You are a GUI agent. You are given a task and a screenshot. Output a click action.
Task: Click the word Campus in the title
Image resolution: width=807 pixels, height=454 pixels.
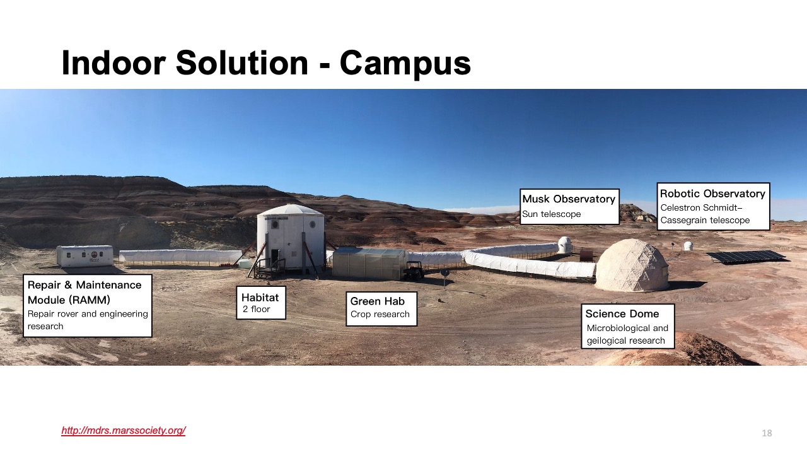click(405, 63)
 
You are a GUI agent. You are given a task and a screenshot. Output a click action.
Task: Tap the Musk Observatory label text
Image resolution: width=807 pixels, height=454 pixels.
click(569, 199)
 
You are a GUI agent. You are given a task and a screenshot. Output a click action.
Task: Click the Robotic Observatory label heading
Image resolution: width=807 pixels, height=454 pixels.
click(712, 194)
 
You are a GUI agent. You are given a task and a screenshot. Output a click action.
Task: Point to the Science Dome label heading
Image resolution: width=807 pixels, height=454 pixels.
click(622, 314)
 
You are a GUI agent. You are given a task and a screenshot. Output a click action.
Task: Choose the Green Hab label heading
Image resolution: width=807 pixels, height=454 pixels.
click(377, 301)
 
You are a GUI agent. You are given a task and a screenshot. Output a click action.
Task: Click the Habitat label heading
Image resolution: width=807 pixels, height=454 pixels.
click(260, 298)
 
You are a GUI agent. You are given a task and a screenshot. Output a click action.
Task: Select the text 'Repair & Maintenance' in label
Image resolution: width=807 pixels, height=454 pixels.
click(84, 285)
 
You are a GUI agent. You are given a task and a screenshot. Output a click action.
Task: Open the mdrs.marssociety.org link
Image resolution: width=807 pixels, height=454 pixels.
click(123, 431)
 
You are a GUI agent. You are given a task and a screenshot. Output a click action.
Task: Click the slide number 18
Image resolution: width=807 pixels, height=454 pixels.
click(767, 433)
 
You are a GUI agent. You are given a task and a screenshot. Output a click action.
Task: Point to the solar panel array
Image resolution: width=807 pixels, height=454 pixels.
click(746, 256)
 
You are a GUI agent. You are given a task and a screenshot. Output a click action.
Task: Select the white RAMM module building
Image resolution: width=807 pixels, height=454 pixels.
click(84, 255)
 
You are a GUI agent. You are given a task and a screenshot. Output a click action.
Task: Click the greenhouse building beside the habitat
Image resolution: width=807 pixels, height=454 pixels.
click(369, 262)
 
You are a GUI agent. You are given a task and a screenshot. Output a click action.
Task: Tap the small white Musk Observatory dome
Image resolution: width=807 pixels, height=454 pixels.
click(566, 244)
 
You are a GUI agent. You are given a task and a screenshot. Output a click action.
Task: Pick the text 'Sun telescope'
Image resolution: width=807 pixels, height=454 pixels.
click(551, 214)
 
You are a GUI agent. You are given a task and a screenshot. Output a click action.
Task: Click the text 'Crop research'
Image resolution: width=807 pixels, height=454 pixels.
click(380, 315)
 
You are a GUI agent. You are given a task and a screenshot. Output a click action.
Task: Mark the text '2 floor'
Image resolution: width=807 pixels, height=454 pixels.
click(256, 310)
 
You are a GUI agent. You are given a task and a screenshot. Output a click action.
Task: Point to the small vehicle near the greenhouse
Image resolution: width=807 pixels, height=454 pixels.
click(414, 271)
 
